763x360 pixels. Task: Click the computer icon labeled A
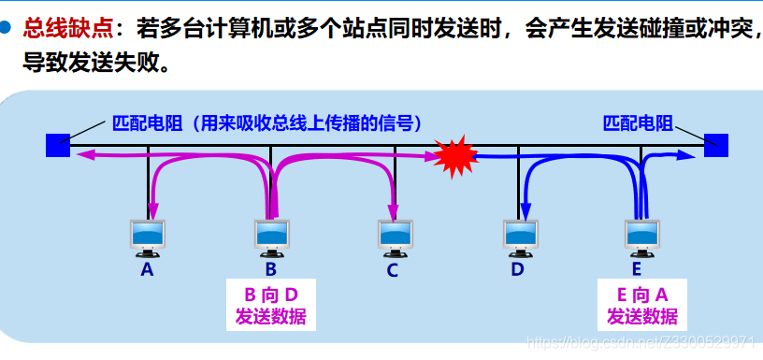(x=147, y=238)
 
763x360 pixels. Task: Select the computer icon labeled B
(x=270, y=238)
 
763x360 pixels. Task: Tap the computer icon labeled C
(x=394, y=238)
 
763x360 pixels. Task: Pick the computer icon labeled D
(x=517, y=238)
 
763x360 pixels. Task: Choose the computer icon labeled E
(x=641, y=238)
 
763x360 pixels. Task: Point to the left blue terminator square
(x=58, y=145)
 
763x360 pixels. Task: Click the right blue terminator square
(x=716, y=145)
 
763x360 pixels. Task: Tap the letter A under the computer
(x=147, y=269)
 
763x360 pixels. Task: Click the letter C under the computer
(x=393, y=270)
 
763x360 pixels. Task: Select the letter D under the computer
(x=517, y=270)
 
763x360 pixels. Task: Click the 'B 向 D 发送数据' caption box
(x=270, y=305)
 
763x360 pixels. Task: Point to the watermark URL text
(x=640, y=343)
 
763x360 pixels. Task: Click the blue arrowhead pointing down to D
(x=526, y=211)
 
